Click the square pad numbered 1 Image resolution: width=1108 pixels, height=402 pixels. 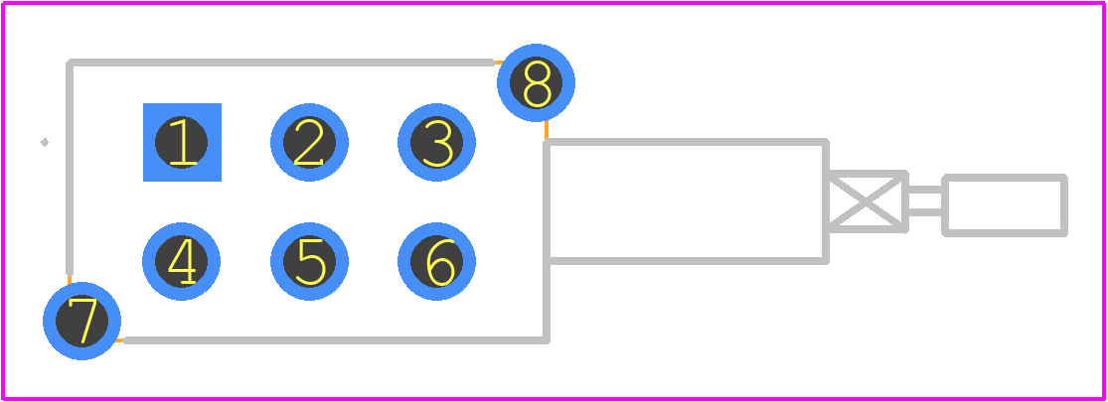[x=182, y=143]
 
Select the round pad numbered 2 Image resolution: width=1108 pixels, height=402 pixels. [x=309, y=143]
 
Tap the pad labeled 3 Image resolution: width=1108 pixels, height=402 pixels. [x=436, y=143]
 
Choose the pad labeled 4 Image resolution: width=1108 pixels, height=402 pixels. [x=182, y=262]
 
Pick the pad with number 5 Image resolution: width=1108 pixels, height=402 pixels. [x=309, y=262]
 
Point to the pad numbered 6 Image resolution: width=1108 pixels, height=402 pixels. [x=436, y=262]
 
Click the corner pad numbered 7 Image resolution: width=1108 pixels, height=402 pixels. [x=81, y=321]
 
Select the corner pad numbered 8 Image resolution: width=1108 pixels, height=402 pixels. [x=537, y=82]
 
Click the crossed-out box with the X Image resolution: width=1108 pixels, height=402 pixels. [x=868, y=201]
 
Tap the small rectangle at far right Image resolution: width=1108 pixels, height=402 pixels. [x=1005, y=205]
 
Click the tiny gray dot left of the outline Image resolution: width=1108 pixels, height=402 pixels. [x=44, y=143]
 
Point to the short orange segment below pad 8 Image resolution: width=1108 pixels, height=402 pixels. [x=547, y=130]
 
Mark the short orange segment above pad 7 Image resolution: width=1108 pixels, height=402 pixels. [x=70, y=279]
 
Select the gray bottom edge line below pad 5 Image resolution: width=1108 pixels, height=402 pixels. [x=336, y=340]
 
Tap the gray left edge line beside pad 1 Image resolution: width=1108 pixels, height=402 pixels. [x=70, y=168]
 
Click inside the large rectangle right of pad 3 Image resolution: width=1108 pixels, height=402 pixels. [x=686, y=201]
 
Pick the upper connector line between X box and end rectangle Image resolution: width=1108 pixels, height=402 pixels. [x=925, y=190]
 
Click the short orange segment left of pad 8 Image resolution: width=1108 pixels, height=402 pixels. [x=498, y=63]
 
